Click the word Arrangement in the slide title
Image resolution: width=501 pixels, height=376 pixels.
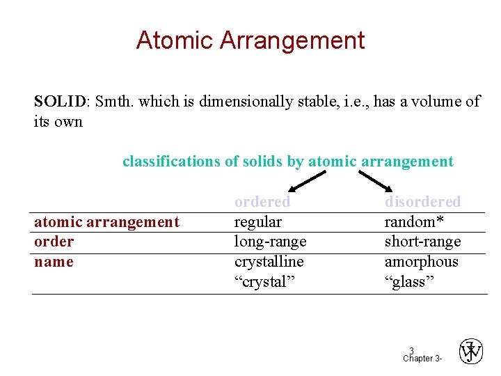pos(292,40)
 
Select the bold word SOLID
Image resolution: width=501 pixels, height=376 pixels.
pos(59,102)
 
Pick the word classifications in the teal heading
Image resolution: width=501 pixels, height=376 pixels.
pos(171,162)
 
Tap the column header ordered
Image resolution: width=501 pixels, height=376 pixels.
pos(262,202)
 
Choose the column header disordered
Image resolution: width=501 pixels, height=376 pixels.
pos(422,202)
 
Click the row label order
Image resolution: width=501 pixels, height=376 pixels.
pos(54,242)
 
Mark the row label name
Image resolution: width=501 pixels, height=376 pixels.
pos(54,262)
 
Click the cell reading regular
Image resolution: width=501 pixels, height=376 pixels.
pos(257,222)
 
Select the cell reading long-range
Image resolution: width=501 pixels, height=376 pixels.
pos(270,242)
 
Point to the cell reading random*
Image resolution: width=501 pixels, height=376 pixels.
pos(414,222)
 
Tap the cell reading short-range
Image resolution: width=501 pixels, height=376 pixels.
pos(422,242)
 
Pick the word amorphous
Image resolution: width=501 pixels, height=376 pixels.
pos(421,262)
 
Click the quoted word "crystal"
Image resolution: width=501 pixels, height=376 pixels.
pos(264,281)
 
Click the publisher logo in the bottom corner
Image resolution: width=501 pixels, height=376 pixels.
pos(471,352)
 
